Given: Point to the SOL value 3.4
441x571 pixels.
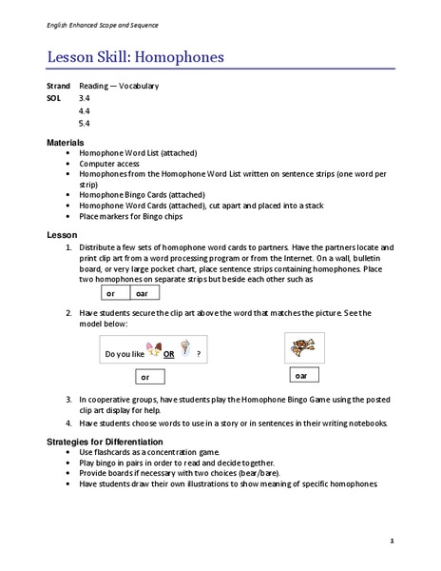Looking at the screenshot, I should (85, 98).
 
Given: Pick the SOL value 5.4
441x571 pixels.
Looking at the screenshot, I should (85, 124).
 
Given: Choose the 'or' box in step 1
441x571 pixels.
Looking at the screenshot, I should (112, 294).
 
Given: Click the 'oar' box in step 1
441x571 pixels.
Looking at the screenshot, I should (143, 294).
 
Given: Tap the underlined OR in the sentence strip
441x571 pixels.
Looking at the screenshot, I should (168, 354).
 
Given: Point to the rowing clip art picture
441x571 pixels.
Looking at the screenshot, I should (304, 347).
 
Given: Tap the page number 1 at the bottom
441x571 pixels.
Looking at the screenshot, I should (392, 541).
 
